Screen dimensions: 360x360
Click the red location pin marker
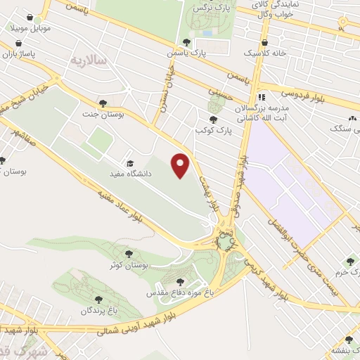181,165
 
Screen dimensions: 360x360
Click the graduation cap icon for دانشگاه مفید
128,161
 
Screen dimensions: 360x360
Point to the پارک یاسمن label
184,53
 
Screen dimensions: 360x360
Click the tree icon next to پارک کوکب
213,120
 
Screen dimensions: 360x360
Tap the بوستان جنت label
99,114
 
